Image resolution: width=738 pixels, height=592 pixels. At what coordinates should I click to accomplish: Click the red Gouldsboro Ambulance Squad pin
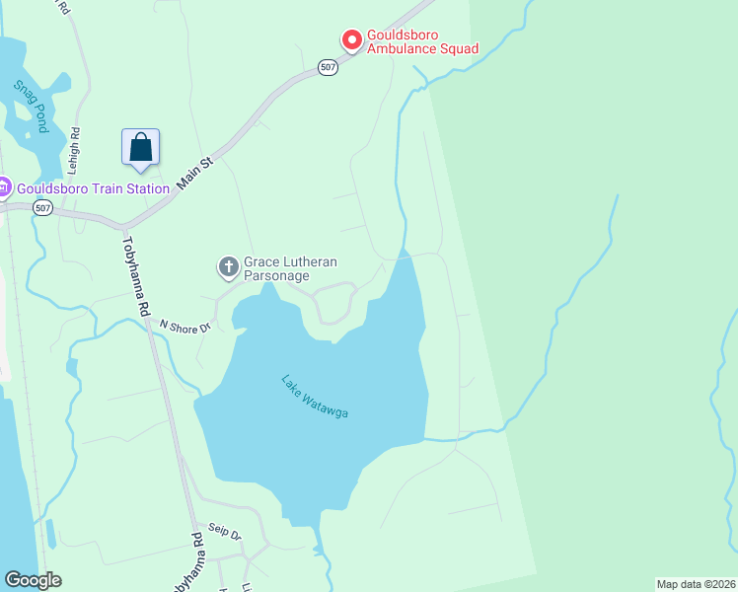(351, 40)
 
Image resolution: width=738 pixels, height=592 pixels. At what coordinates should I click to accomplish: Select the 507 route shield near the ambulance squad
(329, 67)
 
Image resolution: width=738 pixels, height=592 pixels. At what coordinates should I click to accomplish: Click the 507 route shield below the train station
(41, 208)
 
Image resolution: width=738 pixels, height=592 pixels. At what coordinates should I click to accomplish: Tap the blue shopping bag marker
(141, 148)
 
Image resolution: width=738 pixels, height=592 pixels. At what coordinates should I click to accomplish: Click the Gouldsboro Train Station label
(93, 188)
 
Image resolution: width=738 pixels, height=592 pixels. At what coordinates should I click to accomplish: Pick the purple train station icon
(4, 187)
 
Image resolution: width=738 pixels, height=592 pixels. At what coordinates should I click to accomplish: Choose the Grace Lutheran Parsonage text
(291, 268)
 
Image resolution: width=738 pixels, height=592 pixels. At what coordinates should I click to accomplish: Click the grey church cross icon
(228, 266)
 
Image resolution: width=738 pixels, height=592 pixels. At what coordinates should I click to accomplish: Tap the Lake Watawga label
(315, 396)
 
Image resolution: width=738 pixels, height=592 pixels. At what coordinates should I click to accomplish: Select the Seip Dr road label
(224, 533)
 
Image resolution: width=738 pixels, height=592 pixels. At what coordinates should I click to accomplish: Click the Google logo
(33, 580)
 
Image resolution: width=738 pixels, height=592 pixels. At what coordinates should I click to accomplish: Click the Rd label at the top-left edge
(64, 6)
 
